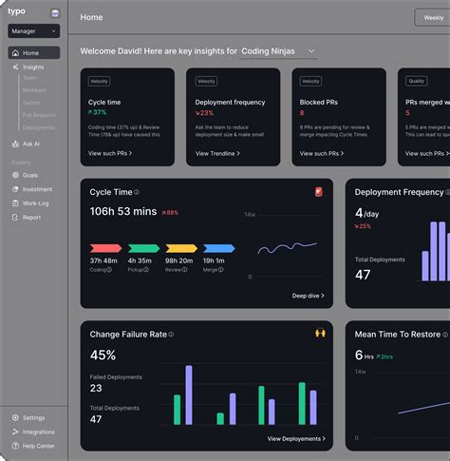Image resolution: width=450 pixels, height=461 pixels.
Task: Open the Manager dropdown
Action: [34, 31]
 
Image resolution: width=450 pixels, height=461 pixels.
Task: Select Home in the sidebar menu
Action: [30, 53]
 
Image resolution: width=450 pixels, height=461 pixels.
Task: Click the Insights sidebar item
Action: [32, 67]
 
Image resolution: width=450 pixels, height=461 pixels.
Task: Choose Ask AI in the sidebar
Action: [30, 144]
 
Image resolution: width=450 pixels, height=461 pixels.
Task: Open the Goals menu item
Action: [29, 175]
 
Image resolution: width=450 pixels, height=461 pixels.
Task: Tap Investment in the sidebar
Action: [37, 189]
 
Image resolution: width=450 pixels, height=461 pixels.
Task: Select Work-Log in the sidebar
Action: [35, 202]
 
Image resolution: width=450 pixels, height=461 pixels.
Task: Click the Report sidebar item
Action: [31, 217]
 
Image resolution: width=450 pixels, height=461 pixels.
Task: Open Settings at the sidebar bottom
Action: [33, 417]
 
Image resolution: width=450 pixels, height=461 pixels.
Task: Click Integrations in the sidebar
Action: [38, 432]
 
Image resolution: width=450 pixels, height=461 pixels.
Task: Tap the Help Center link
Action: [38, 446]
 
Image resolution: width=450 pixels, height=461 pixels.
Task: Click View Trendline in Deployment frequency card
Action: [217, 153]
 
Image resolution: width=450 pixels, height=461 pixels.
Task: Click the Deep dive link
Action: [308, 296]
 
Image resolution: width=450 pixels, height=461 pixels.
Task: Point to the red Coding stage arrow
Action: [104, 248]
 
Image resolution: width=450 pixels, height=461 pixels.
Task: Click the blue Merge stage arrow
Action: [218, 248]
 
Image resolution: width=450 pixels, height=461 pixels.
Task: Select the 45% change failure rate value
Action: [103, 355]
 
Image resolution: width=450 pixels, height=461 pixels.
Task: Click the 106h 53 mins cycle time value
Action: [123, 212]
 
